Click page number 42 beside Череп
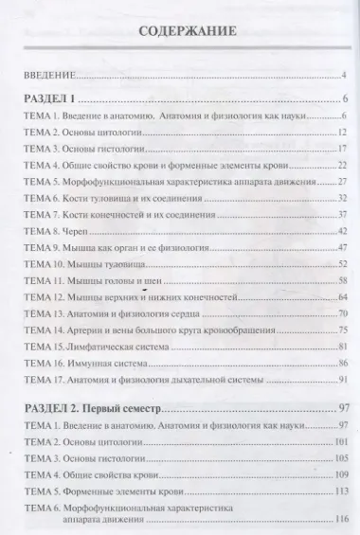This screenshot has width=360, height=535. [344, 231]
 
